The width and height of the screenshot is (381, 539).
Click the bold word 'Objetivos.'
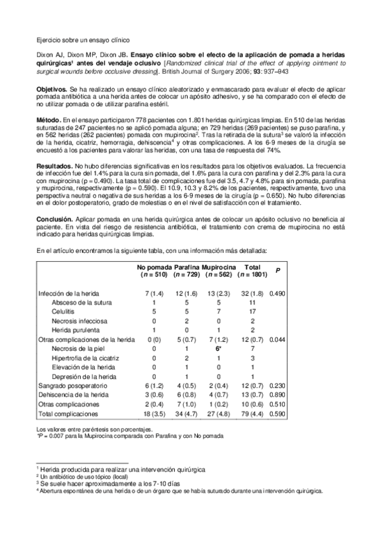pyautogui.click(x=53, y=91)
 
